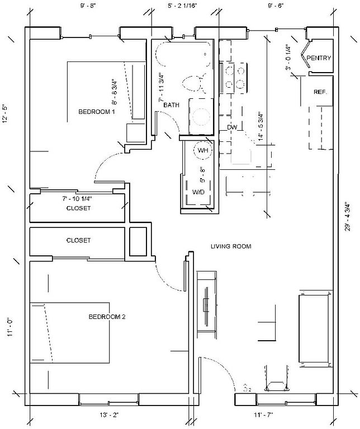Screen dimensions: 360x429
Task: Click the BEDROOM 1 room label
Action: [x=96, y=112]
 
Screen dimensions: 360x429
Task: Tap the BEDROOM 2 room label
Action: [x=107, y=317]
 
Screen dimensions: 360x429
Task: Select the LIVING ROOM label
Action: [x=231, y=246]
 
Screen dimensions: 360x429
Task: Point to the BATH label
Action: [x=171, y=105]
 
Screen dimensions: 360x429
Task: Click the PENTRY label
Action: [x=319, y=58]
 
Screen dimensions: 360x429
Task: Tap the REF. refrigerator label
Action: [x=320, y=92]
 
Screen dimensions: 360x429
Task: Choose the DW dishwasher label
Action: [x=233, y=127]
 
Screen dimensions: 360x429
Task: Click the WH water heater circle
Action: [x=202, y=150]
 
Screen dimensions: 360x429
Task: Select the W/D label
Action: [x=199, y=192]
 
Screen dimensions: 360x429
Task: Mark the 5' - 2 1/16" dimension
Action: [x=183, y=6]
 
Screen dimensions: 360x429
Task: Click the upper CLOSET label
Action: [x=78, y=208]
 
